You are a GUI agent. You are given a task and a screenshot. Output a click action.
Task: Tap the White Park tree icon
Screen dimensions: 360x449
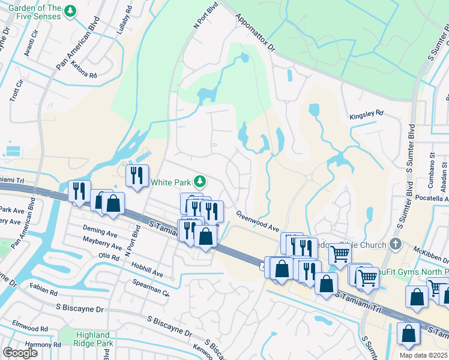[203, 181]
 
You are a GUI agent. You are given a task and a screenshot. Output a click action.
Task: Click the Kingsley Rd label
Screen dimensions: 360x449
[366, 113]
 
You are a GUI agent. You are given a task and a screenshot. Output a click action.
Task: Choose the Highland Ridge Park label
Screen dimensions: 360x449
[93, 340]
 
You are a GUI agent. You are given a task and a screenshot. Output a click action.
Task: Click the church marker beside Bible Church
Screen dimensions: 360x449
[394, 244]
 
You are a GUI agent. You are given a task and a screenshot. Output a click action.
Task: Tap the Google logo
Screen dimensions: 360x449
[20, 352]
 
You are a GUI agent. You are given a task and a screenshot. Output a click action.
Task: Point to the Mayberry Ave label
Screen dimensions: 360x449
[98, 243]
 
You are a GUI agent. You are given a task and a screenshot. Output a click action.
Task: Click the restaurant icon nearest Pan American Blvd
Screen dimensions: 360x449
[79, 191]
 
